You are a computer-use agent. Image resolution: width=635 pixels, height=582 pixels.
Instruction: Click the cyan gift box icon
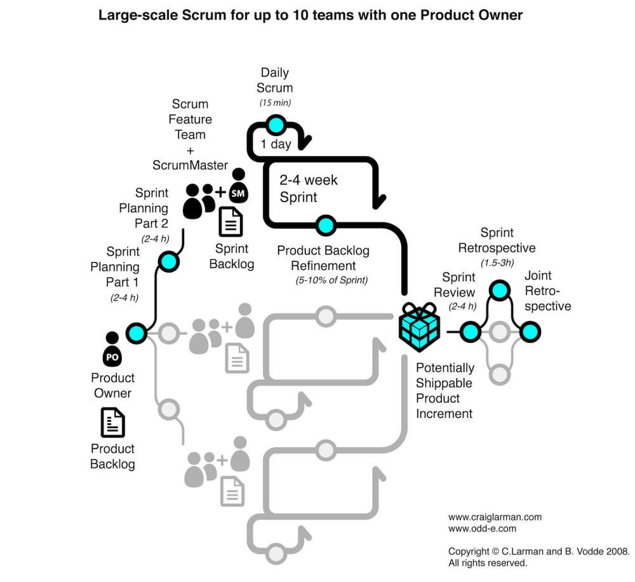tap(419, 328)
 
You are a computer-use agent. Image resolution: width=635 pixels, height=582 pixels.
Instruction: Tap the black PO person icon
tap(112, 349)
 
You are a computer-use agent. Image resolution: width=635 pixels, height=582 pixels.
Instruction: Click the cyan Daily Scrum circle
tap(275, 125)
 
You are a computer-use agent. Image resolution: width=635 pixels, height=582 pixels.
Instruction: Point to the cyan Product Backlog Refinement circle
tap(325, 224)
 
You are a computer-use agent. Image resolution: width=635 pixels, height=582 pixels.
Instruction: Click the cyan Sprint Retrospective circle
tap(499, 290)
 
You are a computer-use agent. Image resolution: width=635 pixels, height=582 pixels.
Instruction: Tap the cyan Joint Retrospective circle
tap(530, 331)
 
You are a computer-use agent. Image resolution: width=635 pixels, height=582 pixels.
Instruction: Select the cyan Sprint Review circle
tap(470, 331)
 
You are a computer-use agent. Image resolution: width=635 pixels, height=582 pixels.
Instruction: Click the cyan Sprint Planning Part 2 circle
tap(168, 261)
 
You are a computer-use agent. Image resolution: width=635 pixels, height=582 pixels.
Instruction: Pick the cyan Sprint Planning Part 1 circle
tap(137, 332)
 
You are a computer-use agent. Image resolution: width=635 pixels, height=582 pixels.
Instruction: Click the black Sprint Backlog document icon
tap(231, 222)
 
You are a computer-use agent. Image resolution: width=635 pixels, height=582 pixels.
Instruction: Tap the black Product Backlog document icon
tap(112, 423)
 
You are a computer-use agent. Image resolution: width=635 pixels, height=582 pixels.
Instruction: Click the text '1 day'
tap(276, 144)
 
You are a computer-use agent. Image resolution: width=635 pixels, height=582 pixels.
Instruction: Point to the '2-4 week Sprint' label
tap(309, 189)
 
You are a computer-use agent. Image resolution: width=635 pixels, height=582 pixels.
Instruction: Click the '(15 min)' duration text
tap(275, 102)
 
